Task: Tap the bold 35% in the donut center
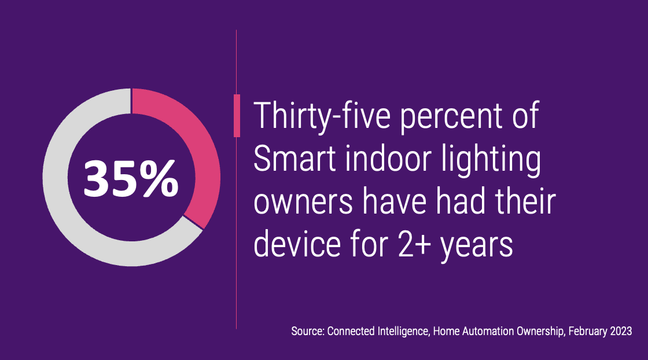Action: [131, 178]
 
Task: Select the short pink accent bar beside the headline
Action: [237, 116]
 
